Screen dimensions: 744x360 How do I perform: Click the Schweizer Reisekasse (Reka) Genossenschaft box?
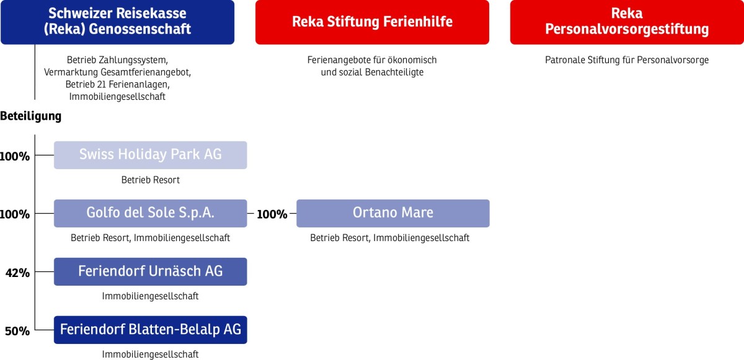(118, 22)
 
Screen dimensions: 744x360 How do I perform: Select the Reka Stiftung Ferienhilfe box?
(372, 22)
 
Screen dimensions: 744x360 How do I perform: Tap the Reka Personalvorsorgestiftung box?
(627, 22)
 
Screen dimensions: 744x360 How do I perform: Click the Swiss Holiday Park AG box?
(151, 155)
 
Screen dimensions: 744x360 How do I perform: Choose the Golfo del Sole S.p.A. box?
(151, 213)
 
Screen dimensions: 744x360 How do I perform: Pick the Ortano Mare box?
(393, 213)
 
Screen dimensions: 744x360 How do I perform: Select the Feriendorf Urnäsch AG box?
(151, 271)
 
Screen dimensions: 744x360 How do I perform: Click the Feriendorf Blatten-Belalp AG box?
(151, 330)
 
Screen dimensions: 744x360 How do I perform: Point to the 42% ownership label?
(17, 273)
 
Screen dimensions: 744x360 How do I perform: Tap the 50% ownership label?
(17, 331)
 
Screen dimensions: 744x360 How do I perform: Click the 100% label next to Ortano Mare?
(272, 214)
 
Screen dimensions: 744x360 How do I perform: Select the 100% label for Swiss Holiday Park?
(15, 156)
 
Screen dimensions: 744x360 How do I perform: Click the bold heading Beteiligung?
(31, 116)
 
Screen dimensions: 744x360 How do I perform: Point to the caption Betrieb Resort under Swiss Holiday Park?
(151, 180)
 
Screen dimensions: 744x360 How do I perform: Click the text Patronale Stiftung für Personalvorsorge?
(627, 60)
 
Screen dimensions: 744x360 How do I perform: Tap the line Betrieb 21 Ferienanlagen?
(118, 85)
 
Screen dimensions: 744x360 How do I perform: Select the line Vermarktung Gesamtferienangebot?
(118, 72)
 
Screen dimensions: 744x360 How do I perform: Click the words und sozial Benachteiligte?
(372, 72)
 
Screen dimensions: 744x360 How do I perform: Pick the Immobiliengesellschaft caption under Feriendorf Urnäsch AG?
(151, 296)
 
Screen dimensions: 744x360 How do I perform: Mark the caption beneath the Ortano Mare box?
(389, 238)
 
